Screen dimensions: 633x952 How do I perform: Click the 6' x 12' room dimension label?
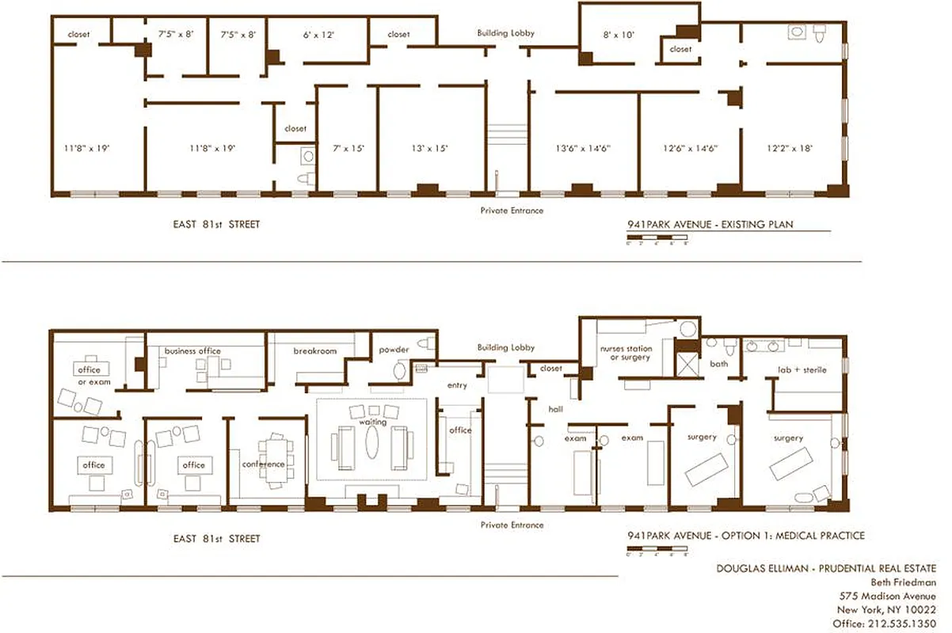[x=318, y=35]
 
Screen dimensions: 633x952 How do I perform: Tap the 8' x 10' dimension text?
[x=619, y=35]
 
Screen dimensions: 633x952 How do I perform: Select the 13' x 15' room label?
[x=430, y=148]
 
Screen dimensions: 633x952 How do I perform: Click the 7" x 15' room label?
[x=348, y=148]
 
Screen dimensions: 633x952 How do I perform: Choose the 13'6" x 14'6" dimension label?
[x=583, y=148]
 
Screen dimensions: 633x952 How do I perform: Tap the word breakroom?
[x=315, y=351]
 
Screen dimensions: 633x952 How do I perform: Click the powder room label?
[x=394, y=350]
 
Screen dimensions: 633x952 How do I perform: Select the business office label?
[x=192, y=351]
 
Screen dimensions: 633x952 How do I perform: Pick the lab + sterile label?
[x=797, y=370]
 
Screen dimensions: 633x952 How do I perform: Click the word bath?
[x=718, y=365]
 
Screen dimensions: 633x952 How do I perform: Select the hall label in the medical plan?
[x=554, y=409]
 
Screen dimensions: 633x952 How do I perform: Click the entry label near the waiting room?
[x=457, y=385]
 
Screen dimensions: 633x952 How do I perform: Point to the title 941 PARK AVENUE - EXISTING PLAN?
[x=709, y=225]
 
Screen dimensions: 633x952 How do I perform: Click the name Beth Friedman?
[x=907, y=582]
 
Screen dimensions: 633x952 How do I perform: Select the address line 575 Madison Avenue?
[x=887, y=596]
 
